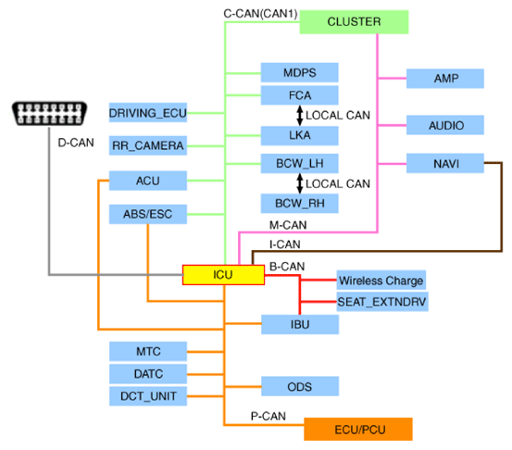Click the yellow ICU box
(223, 275)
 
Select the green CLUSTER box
(354, 22)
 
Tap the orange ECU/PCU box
(358, 429)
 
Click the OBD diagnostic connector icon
(49, 114)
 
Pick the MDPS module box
(299, 72)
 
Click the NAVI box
(445, 163)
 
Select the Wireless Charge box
(381, 281)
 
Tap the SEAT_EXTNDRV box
(382, 302)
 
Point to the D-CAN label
(76, 143)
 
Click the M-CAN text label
(288, 225)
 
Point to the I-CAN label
(285, 244)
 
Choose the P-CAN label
(268, 416)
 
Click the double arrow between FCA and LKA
(299, 115)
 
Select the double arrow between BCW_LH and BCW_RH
(299, 183)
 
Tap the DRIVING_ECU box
(148, 113)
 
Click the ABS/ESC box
(148, 214)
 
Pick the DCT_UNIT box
(148, 396)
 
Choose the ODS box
(300, 386)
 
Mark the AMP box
(445, 79)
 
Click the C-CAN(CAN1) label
(260, 14)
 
